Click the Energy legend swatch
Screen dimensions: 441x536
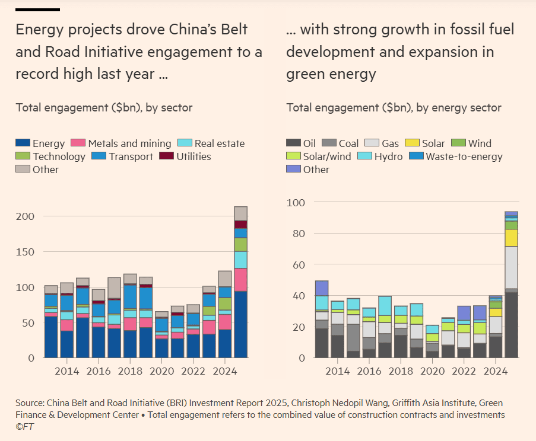(x=23, y=143)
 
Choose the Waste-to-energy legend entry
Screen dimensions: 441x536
(x=464, y=156)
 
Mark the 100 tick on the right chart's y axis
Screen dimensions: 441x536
(x=296, y=203)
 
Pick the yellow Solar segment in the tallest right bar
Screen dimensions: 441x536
(x=511, y=238)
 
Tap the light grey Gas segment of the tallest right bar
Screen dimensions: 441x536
(x=511, y=267)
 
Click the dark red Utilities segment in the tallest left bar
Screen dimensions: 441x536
(x=240, y=225)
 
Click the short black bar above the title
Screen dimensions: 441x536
(x=37, y=9)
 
